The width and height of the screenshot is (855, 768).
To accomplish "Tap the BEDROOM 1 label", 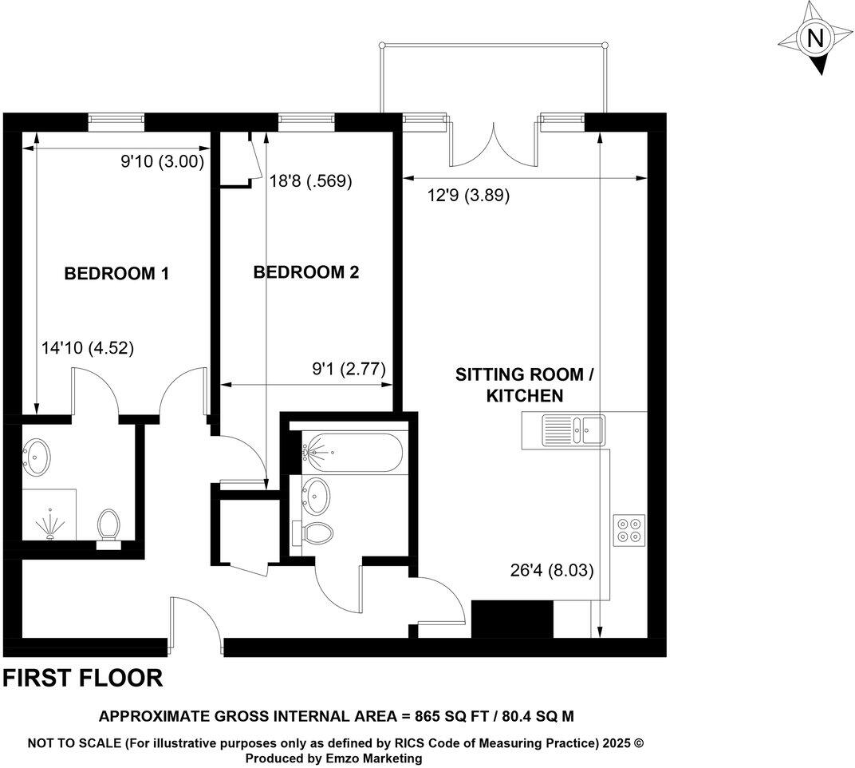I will pos(116,274).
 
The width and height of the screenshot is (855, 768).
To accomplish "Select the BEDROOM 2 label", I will pos(306,272).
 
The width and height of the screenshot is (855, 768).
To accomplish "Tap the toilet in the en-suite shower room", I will pos(107,528).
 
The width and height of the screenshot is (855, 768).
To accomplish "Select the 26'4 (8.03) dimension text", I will pos(551,571).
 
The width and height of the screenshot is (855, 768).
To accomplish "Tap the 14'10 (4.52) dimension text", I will pos(88,348).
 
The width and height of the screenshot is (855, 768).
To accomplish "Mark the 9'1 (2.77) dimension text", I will pos(349,369).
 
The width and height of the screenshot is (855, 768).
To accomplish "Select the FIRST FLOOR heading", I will pos(83,679).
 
